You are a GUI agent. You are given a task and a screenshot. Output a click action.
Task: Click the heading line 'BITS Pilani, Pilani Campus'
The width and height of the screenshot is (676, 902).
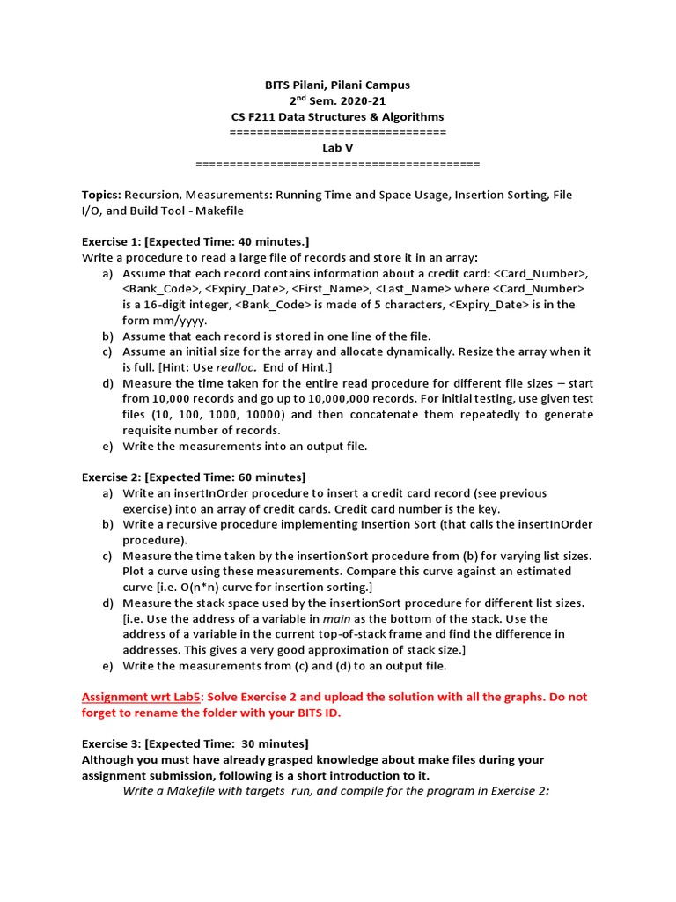337,85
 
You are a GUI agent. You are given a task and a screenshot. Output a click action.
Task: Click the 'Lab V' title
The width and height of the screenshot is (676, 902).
337,148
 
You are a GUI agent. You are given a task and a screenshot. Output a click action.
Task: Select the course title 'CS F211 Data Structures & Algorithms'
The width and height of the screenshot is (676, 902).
337,117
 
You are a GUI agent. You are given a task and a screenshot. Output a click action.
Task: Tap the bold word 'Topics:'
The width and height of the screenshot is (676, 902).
101,195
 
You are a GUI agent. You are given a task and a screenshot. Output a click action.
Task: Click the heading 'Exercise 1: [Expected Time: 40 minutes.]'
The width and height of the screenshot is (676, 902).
195,241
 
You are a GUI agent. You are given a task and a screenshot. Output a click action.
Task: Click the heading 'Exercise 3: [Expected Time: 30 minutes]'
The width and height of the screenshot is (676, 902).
195,743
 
